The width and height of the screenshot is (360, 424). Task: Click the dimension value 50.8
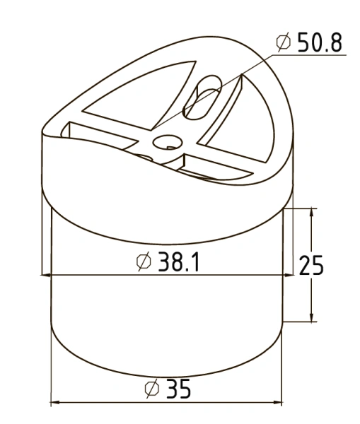pos(320,42)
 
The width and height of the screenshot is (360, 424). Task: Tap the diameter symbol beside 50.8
pos(284,42)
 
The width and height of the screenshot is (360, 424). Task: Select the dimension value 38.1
pos(179,261)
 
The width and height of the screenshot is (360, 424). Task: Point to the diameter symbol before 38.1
pos(144,261)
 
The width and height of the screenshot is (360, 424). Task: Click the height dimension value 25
pos(311,265)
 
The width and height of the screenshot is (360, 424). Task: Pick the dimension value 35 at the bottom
pos(179,389)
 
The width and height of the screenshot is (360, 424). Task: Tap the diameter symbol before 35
pos(152,389)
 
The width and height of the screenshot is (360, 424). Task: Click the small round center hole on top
pos(168,142)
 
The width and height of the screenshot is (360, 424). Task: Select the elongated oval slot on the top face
pos(202,98)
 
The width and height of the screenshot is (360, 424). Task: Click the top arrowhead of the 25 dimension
pos(311,213)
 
